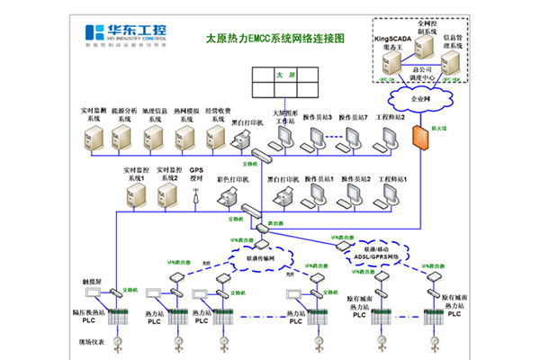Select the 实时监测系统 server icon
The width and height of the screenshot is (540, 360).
(94, 138)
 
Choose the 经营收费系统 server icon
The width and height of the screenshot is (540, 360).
(215, 138)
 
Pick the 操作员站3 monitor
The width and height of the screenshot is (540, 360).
(317, 136)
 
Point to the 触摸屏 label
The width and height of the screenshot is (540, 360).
(94, 280)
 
